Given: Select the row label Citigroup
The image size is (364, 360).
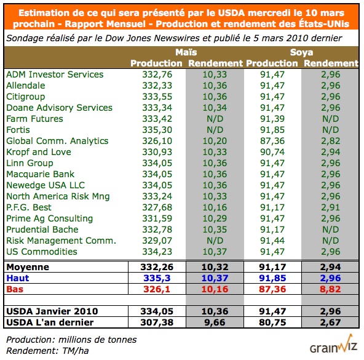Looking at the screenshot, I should pos(25,97).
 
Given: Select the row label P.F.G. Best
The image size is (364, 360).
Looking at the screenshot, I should pos(29,207).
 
